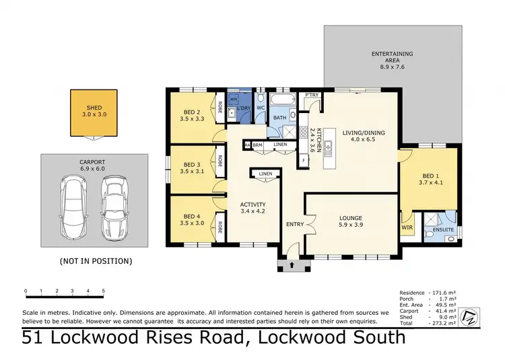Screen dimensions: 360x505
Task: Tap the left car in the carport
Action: (73, 208)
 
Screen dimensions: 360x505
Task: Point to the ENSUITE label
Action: (443, 230)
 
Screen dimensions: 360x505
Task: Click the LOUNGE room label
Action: (351, 218)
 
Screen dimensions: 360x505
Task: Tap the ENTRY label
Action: (295, 224)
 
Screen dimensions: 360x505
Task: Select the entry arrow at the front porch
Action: (291, 266)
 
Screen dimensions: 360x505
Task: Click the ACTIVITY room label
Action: (253, 204)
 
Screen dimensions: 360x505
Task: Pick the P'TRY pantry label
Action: (311, 96)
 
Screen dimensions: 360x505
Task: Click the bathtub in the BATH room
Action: (279, 102)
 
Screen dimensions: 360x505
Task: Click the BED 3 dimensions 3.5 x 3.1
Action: (192, 173)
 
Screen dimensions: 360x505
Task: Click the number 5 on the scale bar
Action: (103, 291)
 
